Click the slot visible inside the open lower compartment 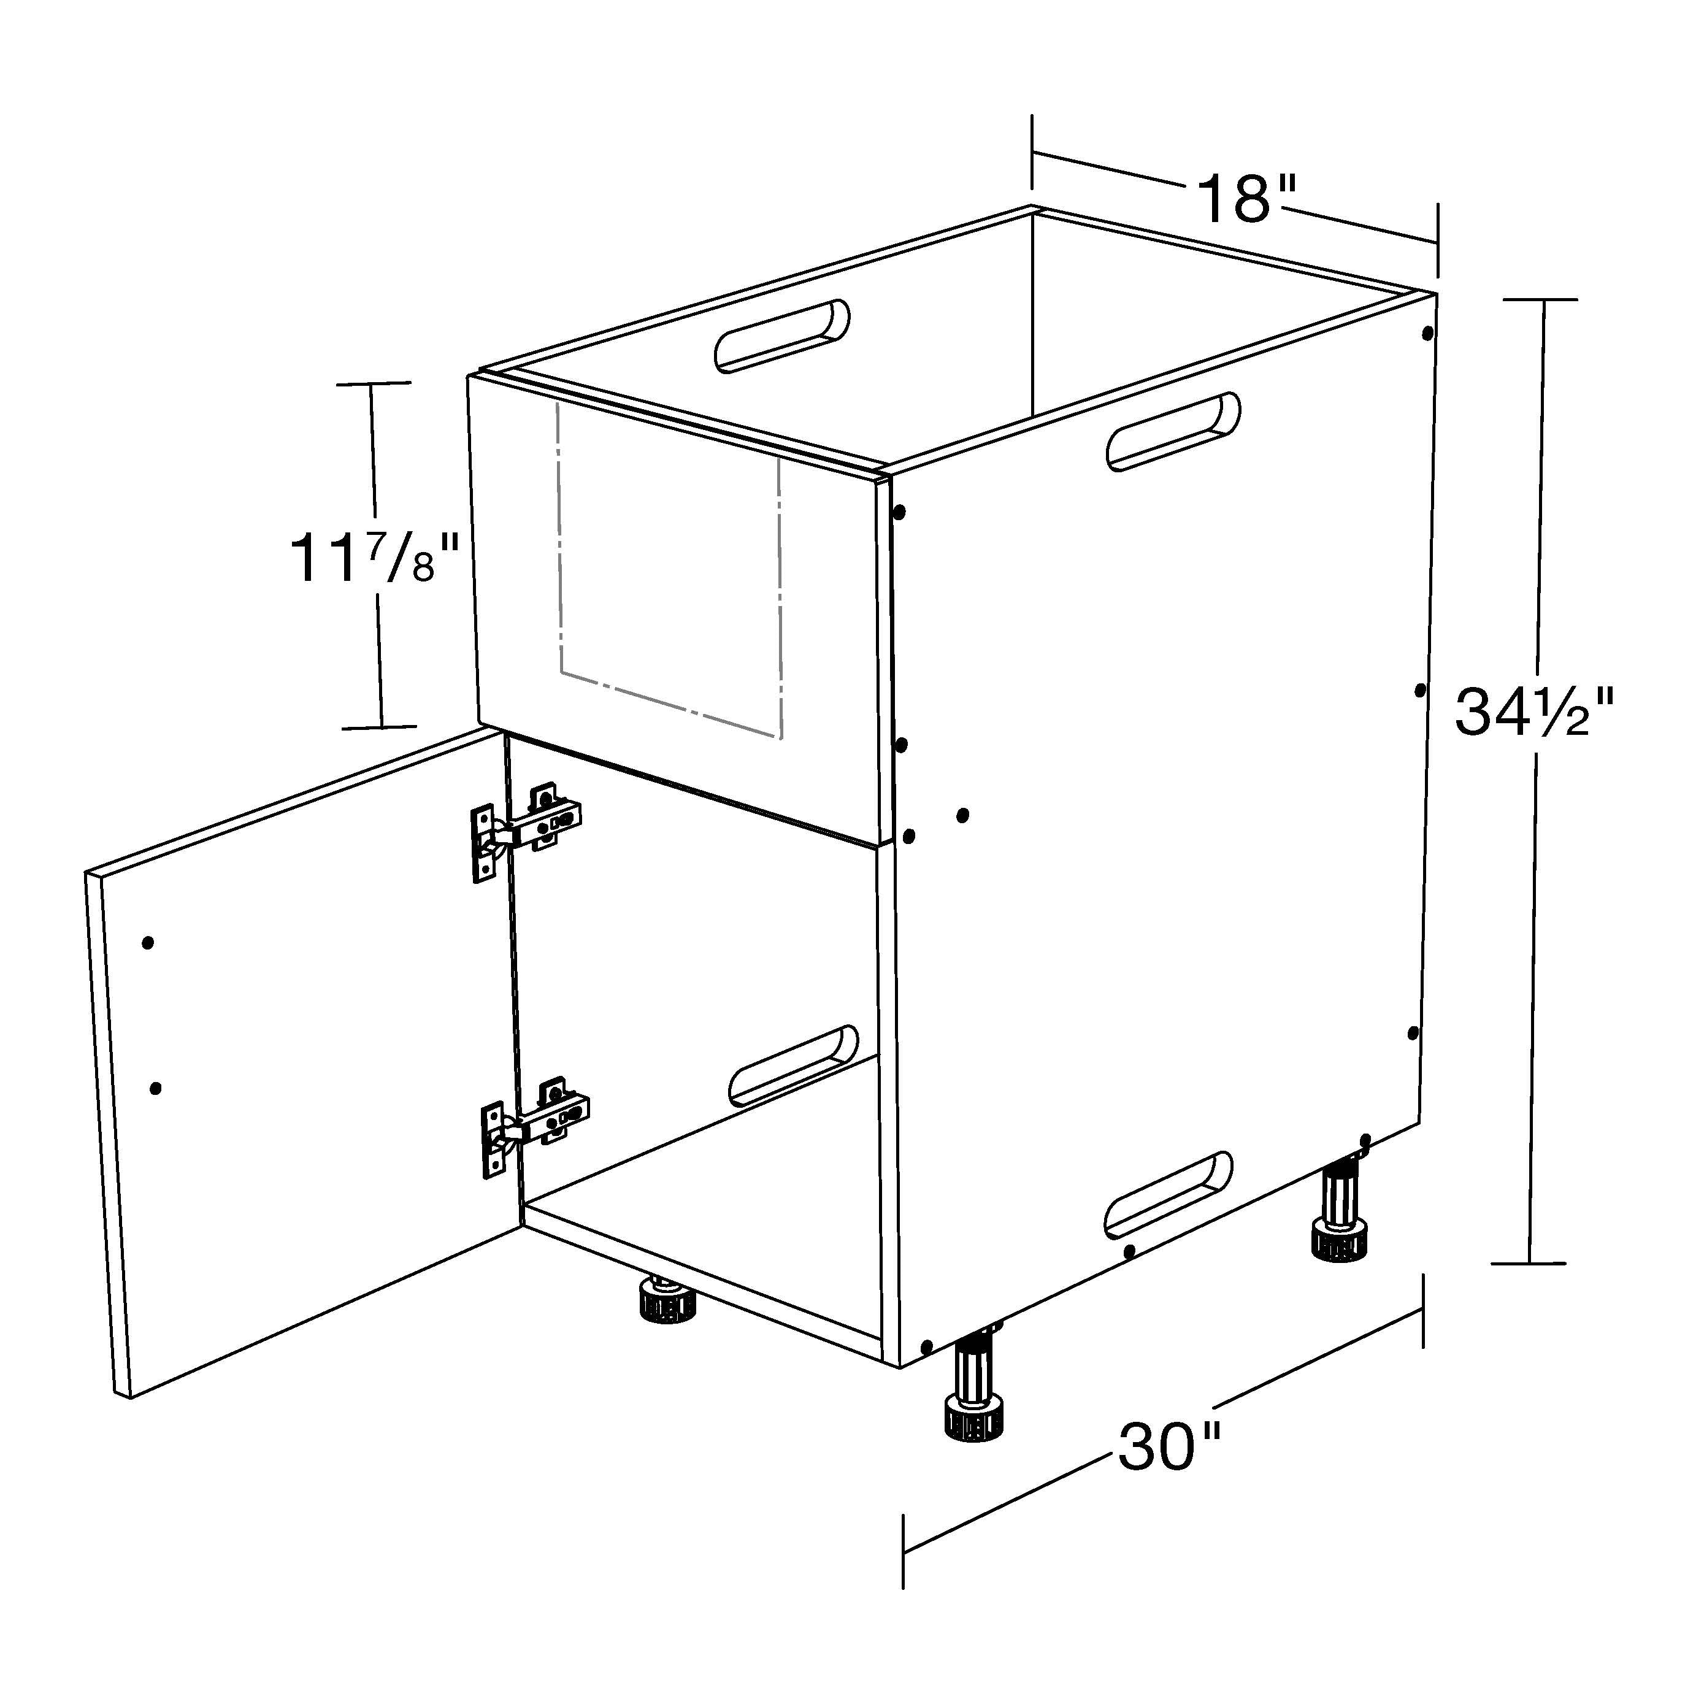[x=793, y=1065]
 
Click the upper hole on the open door [x=148, y=943]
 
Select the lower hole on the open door [x=156, y=1088]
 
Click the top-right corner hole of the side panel [x=1427, y=334]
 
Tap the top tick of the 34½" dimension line [x=1541, y=300]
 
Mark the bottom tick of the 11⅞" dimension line [x=379, y=727]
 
